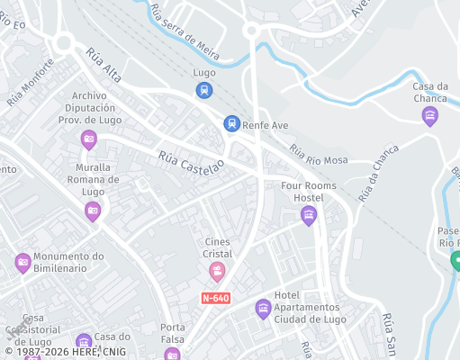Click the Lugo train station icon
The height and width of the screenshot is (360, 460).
[x=204, y=90]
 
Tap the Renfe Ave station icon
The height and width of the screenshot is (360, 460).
[x=231, y=123]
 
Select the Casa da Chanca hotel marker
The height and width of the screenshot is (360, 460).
[x=429, y=116]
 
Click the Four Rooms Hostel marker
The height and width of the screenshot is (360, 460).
[x=309, y=215]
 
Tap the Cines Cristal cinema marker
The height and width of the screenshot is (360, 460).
[x=217, y=270]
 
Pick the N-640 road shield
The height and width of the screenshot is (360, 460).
[x=215, y=296]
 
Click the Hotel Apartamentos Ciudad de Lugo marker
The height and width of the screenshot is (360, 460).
[x=263, y=310]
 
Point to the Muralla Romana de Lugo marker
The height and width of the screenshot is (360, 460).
[x=92, y=211]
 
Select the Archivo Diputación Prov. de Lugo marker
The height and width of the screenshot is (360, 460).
[x=88, y=139]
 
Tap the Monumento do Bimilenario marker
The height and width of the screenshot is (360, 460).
[x=23, y=263]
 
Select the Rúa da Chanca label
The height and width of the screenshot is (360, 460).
[x=377, y=172]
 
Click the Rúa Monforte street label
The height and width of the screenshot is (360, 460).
[x=31, y=83]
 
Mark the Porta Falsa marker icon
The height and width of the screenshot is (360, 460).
[x=172, y=355]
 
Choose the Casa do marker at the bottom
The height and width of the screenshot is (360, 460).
[x=84, y=342]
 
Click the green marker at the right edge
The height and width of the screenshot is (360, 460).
[x=455, y=261]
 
